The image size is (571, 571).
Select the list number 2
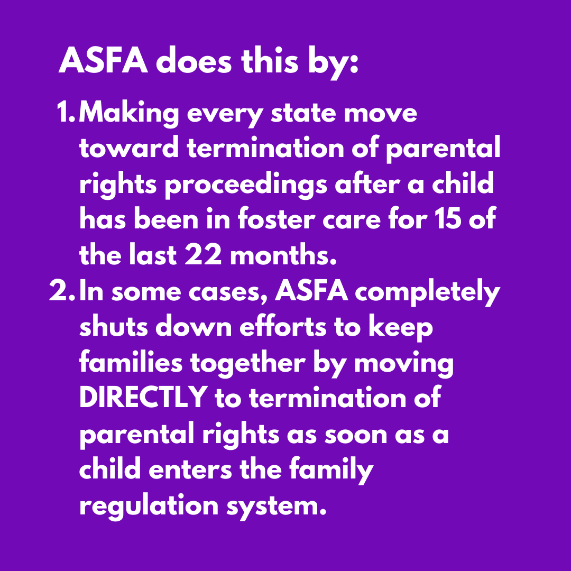tap(62, 292)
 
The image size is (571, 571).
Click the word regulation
tap(149, 506)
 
